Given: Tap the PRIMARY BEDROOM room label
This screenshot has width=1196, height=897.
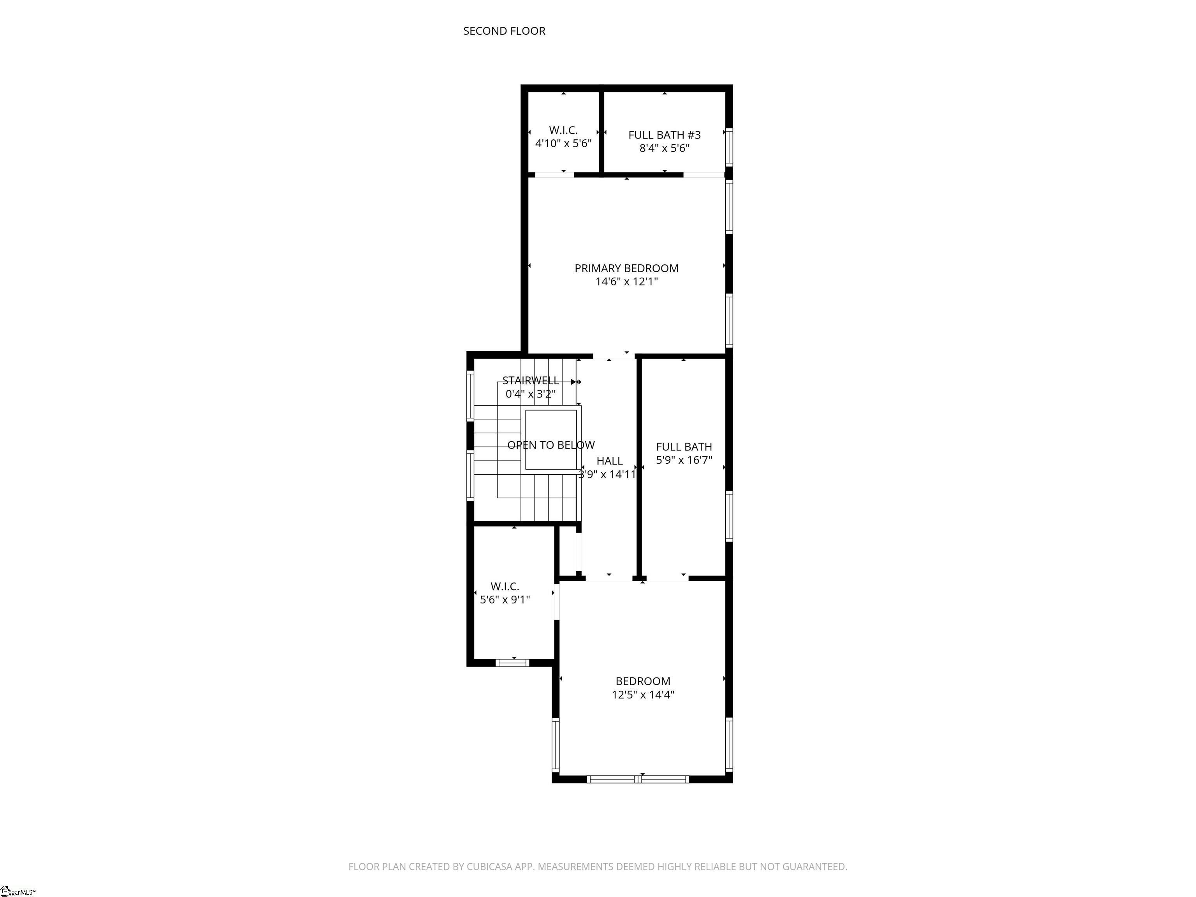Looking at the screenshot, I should (x=626, y=268).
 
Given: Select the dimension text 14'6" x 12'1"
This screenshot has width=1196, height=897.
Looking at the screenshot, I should (x=626, y=282).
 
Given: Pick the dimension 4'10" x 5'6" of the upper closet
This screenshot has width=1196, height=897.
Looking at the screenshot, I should (x=563, y=144).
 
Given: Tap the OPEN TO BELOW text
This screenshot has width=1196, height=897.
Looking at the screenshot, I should (x=551, y=445).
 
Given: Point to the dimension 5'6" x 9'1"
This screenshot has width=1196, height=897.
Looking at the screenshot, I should (x=505, y=600).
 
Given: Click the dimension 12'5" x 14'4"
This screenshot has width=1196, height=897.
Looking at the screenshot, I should (x=642, y=695).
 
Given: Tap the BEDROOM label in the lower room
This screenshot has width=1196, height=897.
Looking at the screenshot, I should (x=642, y=681).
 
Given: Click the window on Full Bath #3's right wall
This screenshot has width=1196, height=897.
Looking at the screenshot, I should (x=729, y=146).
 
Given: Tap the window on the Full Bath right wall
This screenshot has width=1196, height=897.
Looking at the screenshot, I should (x=729, y=516).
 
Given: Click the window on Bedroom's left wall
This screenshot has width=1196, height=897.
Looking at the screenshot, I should (x=555, y=744).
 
